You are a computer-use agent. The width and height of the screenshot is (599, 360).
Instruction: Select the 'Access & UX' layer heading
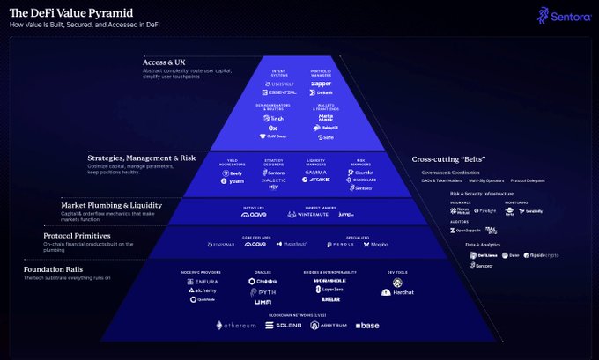pyautogui.click(x=167, y=62)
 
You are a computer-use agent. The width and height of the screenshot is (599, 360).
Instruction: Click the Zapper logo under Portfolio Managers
pyautogui.click(x=321, y=84)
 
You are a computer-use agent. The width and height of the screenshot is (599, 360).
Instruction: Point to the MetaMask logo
pyautogui.click(x=322, y=117)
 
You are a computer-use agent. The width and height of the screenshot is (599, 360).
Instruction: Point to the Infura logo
pyautogui.click(x=203, y=281)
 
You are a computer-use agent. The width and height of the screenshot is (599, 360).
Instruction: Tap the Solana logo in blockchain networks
pyautogui.click(x=284, y=325)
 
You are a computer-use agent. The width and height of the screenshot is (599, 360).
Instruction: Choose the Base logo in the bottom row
pyautogui.click(x=367, y=325)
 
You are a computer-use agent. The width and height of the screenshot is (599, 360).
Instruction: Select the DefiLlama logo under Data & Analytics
pyautogui.click(x=483, y=255)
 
